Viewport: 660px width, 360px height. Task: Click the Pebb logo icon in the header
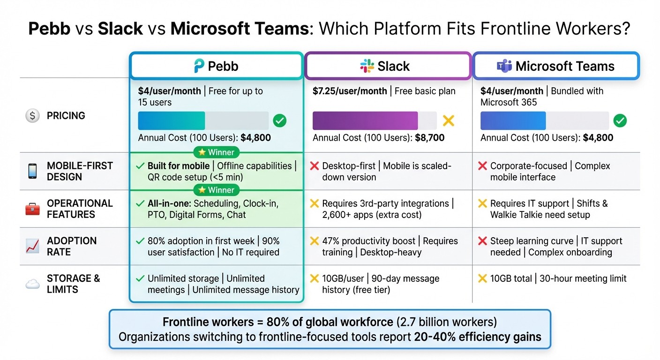coord(199,66)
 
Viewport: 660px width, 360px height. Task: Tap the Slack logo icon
coord(367,66)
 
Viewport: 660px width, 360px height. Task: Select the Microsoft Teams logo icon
coord(504,66)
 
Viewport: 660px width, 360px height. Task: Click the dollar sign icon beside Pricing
coord(32,115)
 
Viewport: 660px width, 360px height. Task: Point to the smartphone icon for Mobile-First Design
coord(32,171)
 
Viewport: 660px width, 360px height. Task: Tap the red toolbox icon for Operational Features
coord(32,209)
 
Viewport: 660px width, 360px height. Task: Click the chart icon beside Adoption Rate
coord(32,246)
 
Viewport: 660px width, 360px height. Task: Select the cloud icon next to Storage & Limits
coord(32,284)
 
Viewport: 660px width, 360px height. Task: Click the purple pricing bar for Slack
coord(365,120)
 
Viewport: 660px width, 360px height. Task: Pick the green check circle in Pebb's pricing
coord(279,121)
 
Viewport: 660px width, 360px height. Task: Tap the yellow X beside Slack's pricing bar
coord(449,121)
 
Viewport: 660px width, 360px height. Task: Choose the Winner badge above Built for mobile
coord(216,152)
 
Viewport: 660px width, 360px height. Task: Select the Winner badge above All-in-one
coord(216,190)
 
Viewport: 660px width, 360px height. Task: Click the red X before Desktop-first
coord(315,166)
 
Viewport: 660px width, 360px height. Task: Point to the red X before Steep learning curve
coord(482,241)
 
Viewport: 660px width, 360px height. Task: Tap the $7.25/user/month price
coord(350,91)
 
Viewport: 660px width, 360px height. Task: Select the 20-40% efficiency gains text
coord(478,337)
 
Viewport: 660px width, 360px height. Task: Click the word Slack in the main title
coord(120,29)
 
